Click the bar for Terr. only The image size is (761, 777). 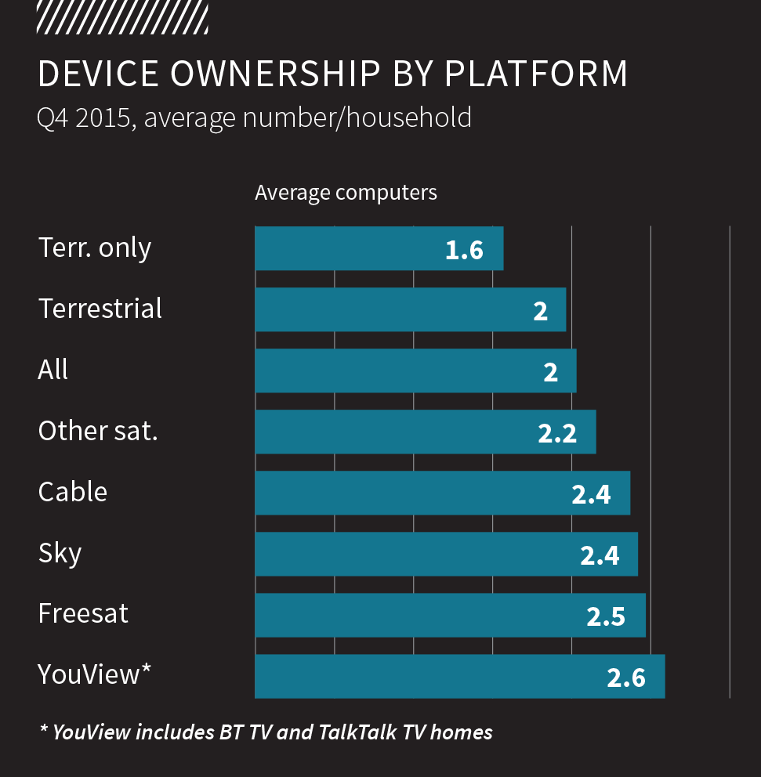coord(379,249)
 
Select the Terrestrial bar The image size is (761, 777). coord(410,310)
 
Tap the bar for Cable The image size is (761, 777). coord(442,493)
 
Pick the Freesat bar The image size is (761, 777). coord(450,616)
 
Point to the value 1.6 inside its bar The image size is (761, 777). coord(464,251)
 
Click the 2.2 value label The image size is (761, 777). coord(557,433)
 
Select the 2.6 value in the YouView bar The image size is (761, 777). coord(626,678)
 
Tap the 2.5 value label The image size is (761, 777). coord(606,616)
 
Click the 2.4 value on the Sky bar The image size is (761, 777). coord(600,555)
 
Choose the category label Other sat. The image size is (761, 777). coord(98,431)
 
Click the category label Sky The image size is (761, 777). coord(60,554)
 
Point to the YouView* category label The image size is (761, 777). coord(94,674)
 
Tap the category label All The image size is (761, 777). coord(53,370)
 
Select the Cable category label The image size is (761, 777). coord(73,492)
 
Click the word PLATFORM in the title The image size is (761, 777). coord(536,74)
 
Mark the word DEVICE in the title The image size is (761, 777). coord(98,74)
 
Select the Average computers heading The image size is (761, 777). coord(346,193)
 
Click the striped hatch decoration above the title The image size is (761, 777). coord(122,17)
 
